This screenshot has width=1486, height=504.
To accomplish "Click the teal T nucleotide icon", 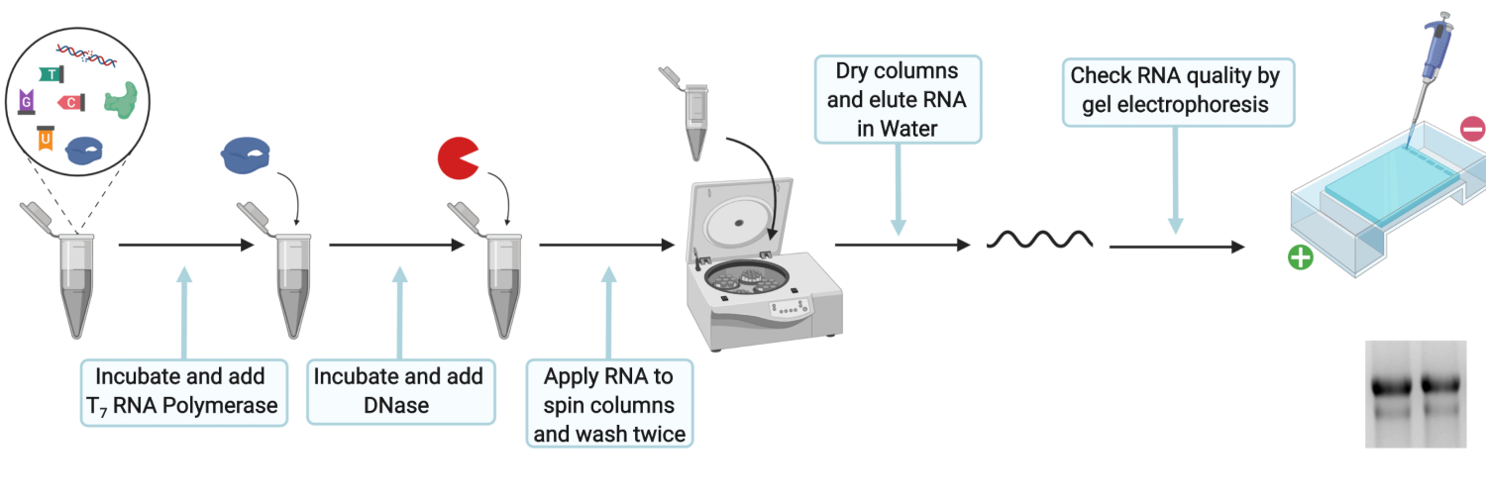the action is click(52, 74).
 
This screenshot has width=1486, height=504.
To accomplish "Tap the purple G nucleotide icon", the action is click(27, 101).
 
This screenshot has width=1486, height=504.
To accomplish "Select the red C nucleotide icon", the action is click(71, 103).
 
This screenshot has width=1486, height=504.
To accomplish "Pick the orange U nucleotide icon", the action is click(46, 139).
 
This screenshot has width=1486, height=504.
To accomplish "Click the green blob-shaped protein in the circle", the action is click(121, 100).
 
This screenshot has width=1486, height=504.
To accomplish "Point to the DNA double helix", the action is click(86, 55).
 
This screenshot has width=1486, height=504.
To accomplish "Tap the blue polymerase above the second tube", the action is click(246, 155).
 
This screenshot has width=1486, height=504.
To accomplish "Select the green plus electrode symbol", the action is click(1300, 257).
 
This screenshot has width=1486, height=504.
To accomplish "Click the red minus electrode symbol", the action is click(1473, 129).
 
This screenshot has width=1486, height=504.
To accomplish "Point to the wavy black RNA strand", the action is click(1039, 239).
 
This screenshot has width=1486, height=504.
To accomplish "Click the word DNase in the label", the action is click(396, 405).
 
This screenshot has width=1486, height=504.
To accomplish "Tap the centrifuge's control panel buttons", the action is click(790, 308).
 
